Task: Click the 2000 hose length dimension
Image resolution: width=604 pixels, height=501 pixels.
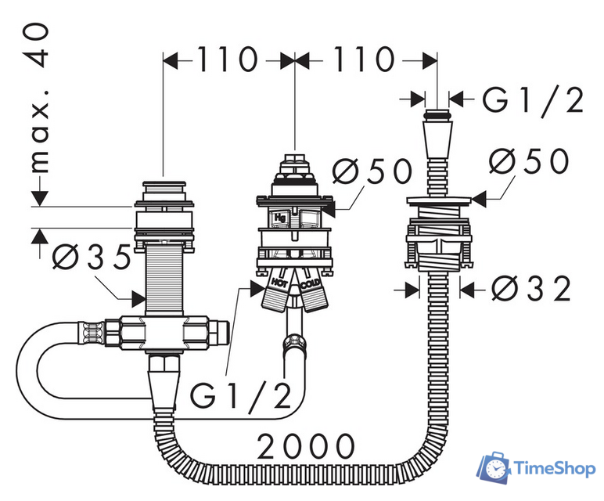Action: [x=305, y=446]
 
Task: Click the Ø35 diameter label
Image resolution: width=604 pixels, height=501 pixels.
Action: [x=92, y=257]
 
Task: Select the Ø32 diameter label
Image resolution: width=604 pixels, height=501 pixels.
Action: [x=530, y=288]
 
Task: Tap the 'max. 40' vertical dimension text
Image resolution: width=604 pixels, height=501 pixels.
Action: [x=39, y=98]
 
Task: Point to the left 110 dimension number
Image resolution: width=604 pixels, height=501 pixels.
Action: [x=227, y=59]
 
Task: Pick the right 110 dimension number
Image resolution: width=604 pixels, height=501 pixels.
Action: [x=364, y=59]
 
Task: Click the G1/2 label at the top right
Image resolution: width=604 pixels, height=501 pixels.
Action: [x=534, y=100]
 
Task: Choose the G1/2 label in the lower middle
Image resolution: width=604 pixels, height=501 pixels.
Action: [x=241, y=396]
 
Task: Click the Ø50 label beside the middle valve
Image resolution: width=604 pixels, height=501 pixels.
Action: [x=372, y=171]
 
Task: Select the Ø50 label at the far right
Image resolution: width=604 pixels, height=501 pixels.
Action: [x=529, y=160]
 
